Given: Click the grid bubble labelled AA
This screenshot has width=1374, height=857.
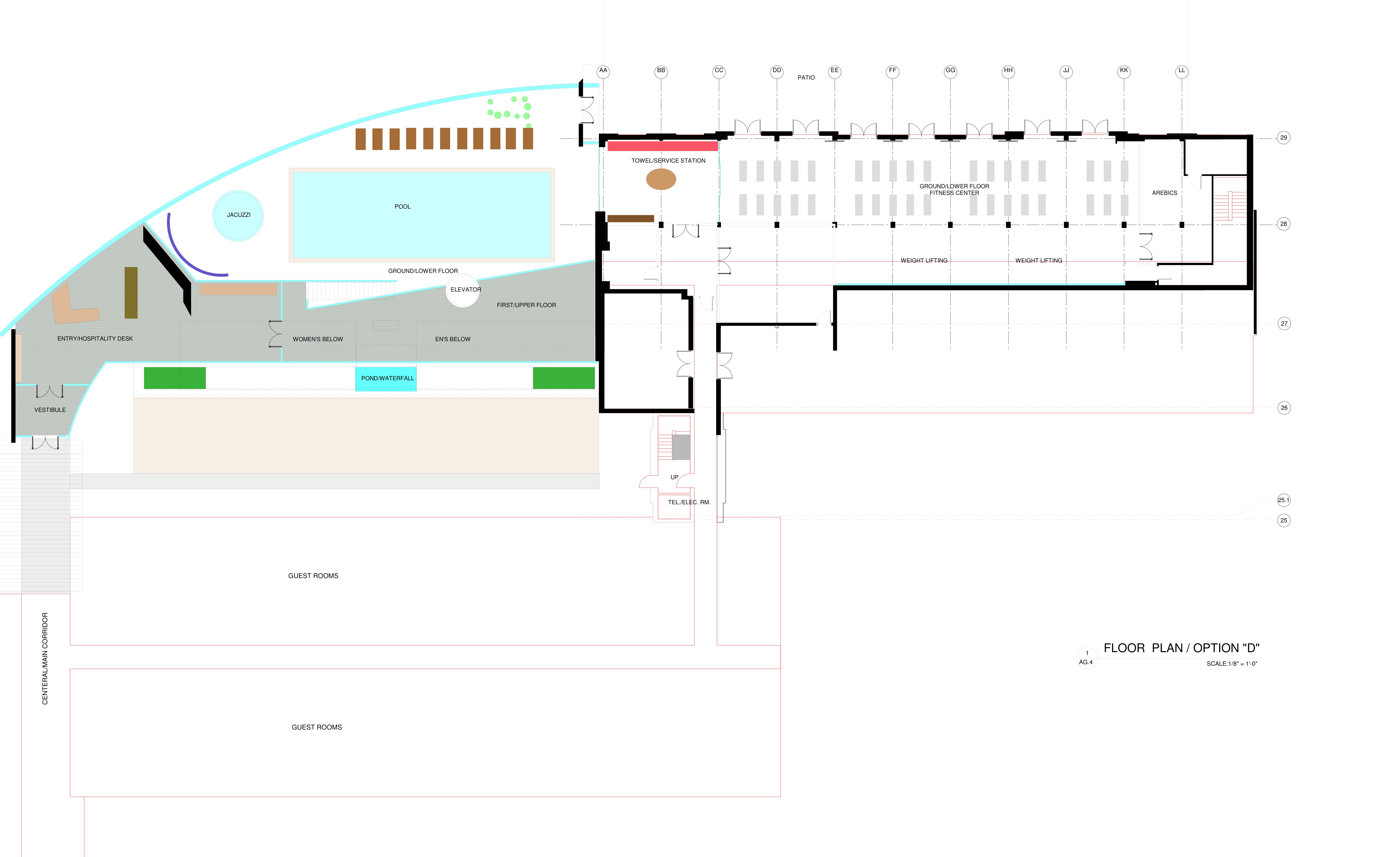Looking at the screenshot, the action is coord(603,71).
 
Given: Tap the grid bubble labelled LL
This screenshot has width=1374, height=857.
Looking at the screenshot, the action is coord(1182,71).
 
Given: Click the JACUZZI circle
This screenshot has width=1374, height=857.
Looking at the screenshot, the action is coord(238,215).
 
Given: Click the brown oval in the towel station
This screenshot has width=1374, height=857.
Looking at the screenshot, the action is coord(661,179).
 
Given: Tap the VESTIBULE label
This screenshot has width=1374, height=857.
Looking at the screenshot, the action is coord(50,410).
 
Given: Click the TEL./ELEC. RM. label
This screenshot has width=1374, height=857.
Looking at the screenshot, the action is coord(689,502).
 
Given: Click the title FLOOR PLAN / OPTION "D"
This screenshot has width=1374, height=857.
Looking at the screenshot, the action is coord(1181,648).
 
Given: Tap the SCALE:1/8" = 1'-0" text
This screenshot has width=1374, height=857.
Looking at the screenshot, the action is coord(1232,664).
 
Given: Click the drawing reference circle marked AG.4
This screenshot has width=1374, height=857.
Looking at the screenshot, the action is coord(1086,657).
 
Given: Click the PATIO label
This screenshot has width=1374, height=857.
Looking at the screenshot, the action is coord(806,78).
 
